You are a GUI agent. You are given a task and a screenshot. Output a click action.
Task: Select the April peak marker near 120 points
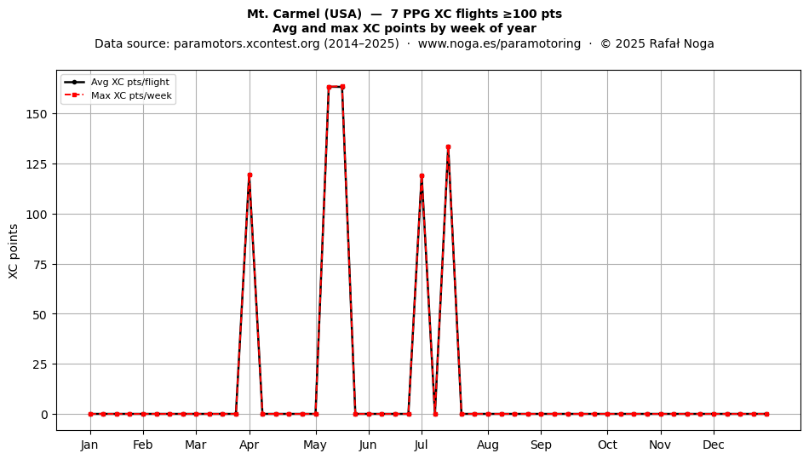[250, 175]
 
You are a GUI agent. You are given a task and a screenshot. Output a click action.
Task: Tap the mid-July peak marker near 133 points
[448, 147]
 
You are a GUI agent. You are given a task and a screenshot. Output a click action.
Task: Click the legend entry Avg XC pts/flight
[130, 82]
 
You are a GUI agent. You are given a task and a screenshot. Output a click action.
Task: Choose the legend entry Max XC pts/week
[131, 95]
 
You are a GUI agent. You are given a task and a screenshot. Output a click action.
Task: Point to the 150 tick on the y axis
[37, 114]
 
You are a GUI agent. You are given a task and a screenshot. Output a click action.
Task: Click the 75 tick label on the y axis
[40, 265]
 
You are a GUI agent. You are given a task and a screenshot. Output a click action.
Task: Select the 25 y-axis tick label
[40, 364]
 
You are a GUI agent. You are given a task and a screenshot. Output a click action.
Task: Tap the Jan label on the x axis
[89, 445]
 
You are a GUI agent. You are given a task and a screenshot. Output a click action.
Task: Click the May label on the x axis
[315, 445]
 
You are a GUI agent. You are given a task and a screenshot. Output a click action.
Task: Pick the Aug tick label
[488, 445]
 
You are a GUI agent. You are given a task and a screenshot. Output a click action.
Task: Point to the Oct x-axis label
[607, 445]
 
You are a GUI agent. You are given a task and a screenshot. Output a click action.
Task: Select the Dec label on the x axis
[714, 445]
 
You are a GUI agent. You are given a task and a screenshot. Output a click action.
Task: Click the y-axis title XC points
[14, 252]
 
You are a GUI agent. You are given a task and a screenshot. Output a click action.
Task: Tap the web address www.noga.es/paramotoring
[499, 43]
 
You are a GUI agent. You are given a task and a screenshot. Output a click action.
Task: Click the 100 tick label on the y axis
[37, 215]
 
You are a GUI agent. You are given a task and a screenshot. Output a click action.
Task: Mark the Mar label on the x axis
[196, 445]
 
